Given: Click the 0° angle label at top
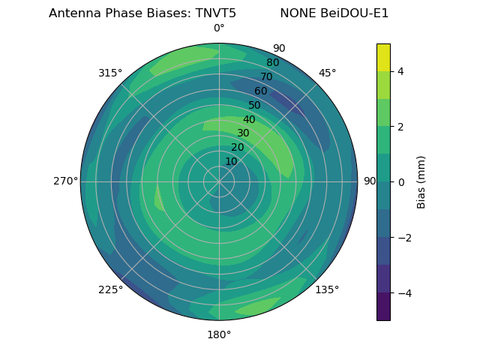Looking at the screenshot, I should [219, 28].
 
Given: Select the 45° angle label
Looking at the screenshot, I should [327, 73].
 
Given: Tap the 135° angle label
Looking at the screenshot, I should [327, 289].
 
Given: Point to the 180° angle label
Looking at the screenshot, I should [219, 334].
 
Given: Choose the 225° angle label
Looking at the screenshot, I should [110, 289].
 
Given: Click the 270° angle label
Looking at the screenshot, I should [66, 181].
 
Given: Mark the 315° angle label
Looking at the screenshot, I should [110, 73].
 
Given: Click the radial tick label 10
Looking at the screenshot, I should [231, 161].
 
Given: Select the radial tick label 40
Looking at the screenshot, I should [249, 119].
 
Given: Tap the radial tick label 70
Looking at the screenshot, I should [266, 76].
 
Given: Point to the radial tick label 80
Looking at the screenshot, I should [272, 63].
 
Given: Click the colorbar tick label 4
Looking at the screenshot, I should [400, 71].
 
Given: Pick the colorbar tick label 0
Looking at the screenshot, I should [400, 181].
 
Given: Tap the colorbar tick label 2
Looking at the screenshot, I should [400, 127].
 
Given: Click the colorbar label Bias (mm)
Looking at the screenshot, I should [421, 181].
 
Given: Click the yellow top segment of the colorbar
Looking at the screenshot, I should [383, 57].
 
